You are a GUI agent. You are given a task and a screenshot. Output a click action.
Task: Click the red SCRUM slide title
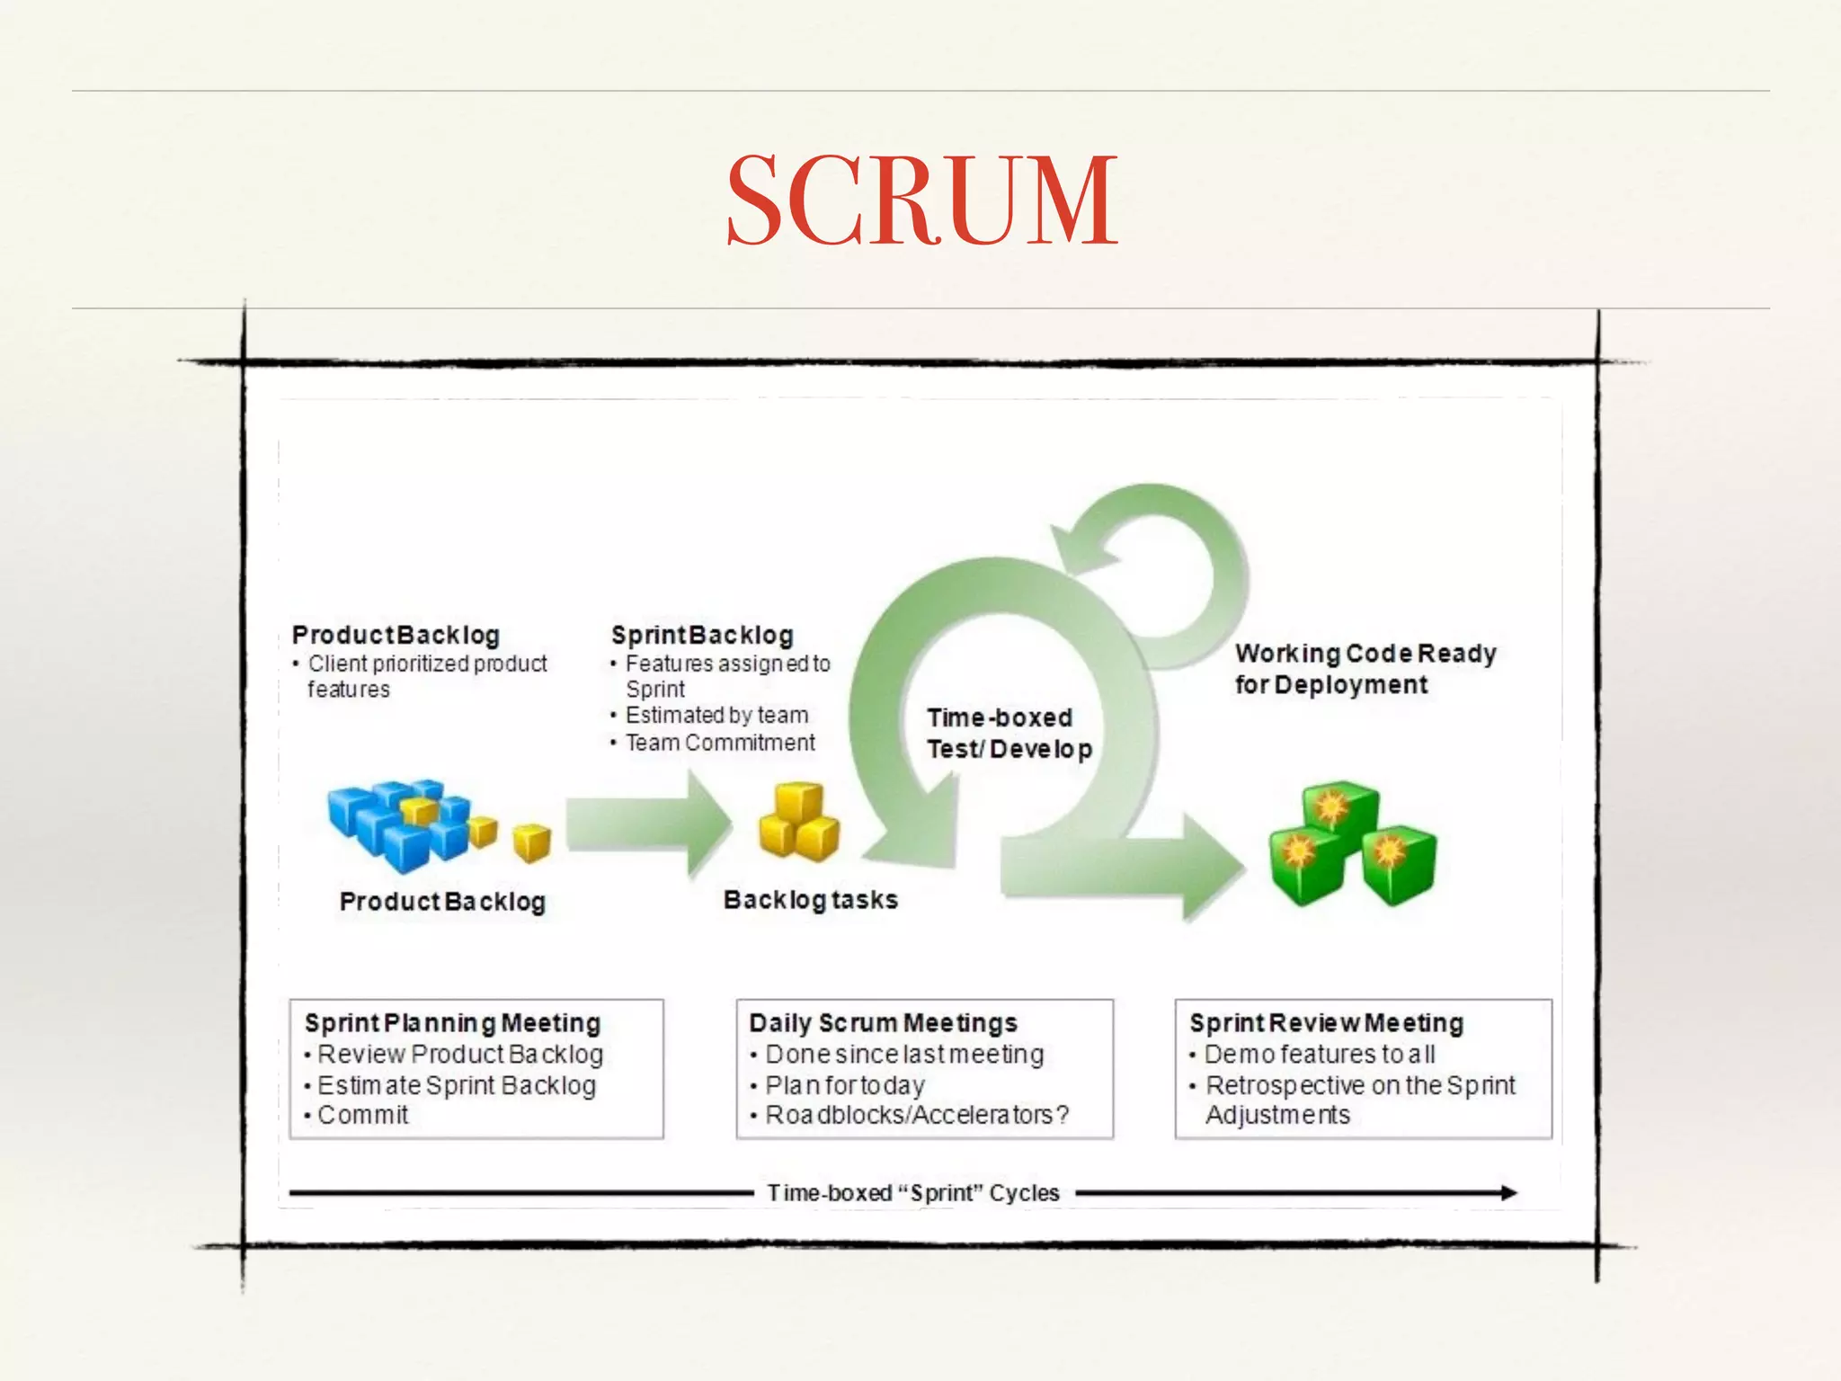click(921, 200)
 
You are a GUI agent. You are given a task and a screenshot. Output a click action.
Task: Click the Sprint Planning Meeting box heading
click(452, 1023)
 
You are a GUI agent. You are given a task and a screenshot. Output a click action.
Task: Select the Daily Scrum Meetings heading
click(883, 1023)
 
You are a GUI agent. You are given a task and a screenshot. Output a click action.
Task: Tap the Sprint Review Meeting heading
click(1326, 1023)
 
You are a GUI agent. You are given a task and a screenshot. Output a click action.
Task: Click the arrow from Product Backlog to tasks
click(647, 824)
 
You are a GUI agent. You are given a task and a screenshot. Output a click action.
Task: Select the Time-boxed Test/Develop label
click(1009, 734)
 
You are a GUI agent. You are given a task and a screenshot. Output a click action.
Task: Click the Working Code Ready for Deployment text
click(1365, 669)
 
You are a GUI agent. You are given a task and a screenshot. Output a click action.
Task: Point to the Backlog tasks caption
click(810, 900)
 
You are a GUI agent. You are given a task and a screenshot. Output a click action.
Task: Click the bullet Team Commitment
click(719, 743)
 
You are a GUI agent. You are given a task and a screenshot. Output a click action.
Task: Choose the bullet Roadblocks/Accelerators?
click(916, 1116)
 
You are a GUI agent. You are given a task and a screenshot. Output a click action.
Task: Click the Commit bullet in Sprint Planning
click(362, 1116)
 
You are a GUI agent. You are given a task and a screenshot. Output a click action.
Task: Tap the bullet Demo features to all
click(1319, 1055)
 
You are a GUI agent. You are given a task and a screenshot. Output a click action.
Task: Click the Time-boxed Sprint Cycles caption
click(912, 1193)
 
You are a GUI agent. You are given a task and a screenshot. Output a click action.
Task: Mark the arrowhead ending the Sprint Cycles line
click(1507, 1193)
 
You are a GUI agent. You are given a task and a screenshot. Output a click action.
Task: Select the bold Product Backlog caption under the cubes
click(442, 902)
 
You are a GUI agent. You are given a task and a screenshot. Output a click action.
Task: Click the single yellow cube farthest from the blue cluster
click(531, 842)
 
